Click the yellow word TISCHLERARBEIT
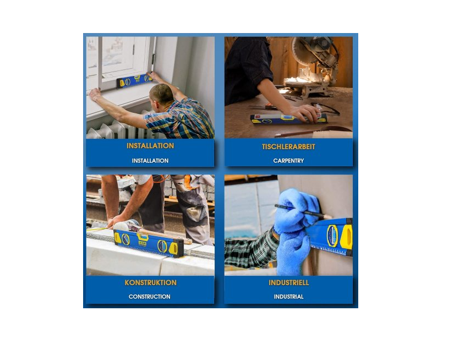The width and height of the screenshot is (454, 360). pyautogui.click(x=288, y=146)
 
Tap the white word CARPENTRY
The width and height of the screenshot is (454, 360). pyautogui.click(x=288, y=160)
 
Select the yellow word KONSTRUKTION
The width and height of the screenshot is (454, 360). pyautogui.click(x=150, y=283)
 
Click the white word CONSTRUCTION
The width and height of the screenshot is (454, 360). pyautogui.click(x=149, y=297)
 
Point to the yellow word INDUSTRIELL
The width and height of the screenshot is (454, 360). pyautogui.click(x=289, y=283)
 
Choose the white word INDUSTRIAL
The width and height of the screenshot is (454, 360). pyautogui.click(x=289, y=297)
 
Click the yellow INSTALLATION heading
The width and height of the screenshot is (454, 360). pyautogui.click(x=150, y=146)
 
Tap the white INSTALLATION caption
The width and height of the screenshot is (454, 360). pyautogui.click(x=150, y=160)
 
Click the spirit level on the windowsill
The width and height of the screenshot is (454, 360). pyautogui.click(x=134, y=80)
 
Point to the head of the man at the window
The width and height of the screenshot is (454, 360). pyautogui.click(x=162, y=94)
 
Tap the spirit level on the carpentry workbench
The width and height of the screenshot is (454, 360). pyautogui.click(x=289, y=119)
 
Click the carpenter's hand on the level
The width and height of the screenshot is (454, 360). pyautogui.click(x=305, y=113)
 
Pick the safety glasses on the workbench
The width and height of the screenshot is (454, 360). pyautogui.click(x=326, y=108)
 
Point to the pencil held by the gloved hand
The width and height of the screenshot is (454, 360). pyautogui.click(x=303, y=211)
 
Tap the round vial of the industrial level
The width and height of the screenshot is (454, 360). pyautogui.click(x=332, y=236)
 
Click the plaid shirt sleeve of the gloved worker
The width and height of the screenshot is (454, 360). pyautogui.click(x=250, y=250)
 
